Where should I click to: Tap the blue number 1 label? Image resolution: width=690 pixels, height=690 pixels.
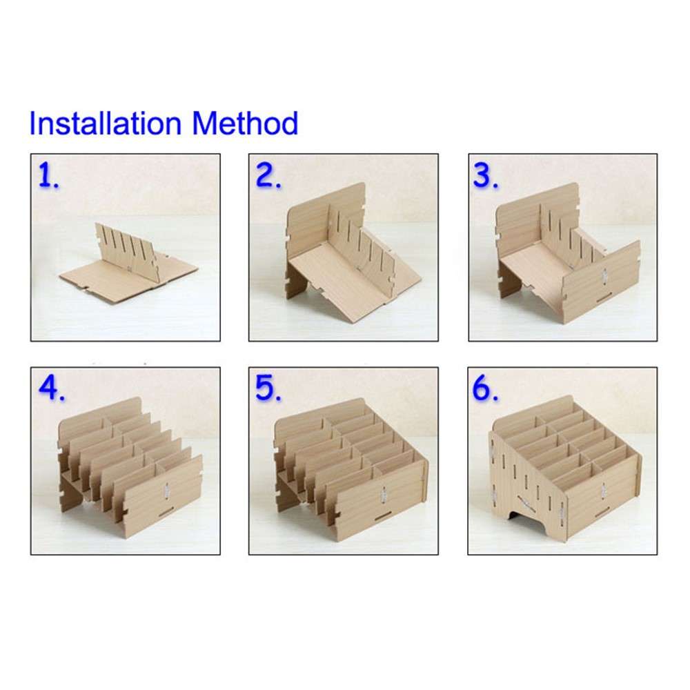tap(47, 177)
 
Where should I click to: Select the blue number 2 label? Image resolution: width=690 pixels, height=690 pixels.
tap(268, 177)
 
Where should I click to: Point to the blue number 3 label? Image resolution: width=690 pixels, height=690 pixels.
tap(486, 177)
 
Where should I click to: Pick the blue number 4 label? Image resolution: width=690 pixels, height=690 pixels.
tap(50, 389)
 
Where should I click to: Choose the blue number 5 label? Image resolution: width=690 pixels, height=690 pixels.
tap(269, 389)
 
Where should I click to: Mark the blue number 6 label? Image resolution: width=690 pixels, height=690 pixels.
tap(486, 389)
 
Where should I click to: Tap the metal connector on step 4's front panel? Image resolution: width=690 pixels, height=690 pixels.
tap(166, 491)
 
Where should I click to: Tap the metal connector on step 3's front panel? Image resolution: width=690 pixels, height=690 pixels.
tap(602, 275)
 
